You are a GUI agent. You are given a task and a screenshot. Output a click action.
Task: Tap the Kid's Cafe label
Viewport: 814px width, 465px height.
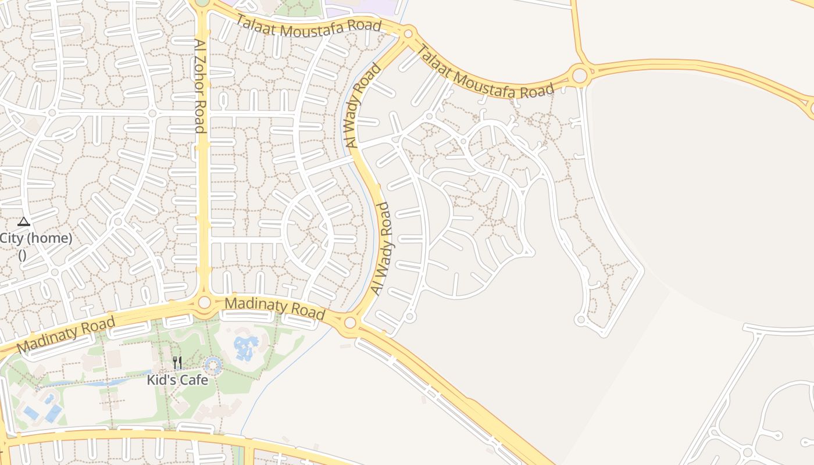tap(177, 380)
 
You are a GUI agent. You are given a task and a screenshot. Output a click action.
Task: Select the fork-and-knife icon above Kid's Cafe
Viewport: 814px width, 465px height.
tap(177, 363)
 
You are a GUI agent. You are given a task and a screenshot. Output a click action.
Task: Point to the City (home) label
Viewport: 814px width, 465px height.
tap(36, 238)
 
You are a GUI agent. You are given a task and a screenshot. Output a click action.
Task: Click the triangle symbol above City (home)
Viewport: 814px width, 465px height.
tap(23, 221)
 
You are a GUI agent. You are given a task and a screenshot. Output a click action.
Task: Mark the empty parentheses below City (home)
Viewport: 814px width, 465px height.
tap(22, 255)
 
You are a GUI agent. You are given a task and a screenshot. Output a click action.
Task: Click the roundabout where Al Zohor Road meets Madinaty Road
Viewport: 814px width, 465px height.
tap(204, 302)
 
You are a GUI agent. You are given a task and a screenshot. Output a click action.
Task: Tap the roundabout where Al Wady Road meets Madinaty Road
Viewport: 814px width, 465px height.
tap(350, 323)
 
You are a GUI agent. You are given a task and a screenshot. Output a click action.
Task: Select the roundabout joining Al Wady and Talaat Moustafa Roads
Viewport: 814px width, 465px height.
tap(408, 33)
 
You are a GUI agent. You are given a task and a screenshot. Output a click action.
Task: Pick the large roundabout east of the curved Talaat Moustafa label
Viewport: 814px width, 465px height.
tap(580, 75)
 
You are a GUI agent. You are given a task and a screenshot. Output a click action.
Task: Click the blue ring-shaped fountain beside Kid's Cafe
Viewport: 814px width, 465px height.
tap(213, 366)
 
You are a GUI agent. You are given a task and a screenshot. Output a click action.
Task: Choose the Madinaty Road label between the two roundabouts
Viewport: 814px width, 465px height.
tap(275, 309)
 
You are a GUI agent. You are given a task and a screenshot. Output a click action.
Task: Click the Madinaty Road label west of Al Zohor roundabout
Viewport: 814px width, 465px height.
tap(66, 335)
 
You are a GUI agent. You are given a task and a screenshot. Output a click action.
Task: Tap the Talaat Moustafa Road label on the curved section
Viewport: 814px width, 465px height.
tap(484, 73)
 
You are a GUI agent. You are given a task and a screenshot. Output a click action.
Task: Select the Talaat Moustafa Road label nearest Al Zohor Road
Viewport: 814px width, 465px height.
tap(308, 25)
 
